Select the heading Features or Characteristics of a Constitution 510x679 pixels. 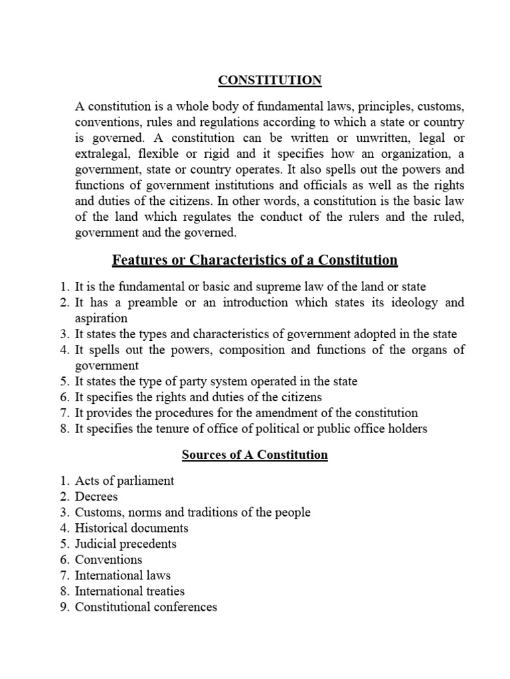click(x=255, y=259)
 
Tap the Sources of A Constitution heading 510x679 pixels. click(x=255, y=455)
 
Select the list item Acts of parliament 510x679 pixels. click(x=125, y=481)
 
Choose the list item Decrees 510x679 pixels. click(x=97, y=497)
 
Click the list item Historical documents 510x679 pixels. click(x=131, y=528)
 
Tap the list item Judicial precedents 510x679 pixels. click(x=126, y=544)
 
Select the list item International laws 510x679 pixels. click(x=123, y=576)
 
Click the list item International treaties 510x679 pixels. click(x=129, y=591)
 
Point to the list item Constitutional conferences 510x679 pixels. click(x=145, y=607)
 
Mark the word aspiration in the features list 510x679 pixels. click(x=101, y=318)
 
